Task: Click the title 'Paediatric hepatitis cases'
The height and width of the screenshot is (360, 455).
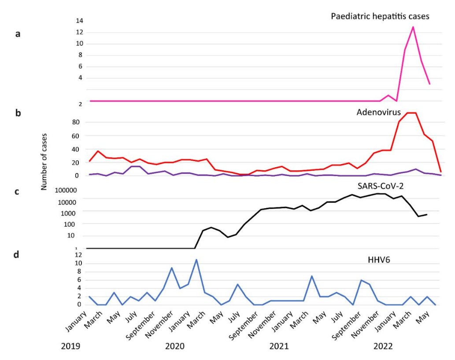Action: coord(380,16)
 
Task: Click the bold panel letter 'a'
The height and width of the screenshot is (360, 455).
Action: coord(18,33)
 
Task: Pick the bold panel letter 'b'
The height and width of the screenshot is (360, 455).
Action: coord(18,113)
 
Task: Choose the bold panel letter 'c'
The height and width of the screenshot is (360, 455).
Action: coord(18,192)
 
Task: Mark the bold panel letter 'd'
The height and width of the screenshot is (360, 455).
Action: coord(18,255)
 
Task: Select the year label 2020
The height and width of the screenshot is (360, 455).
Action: coord(175,346)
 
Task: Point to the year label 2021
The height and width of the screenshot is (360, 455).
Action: coord(279,346)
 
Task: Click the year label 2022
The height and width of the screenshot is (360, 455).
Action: coord(383,346)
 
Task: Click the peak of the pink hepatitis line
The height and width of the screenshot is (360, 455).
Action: coord(413,27)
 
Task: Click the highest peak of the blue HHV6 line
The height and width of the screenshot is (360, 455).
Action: coord(196,259)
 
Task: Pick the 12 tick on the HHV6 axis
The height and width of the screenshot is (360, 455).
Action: coord(78,255)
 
